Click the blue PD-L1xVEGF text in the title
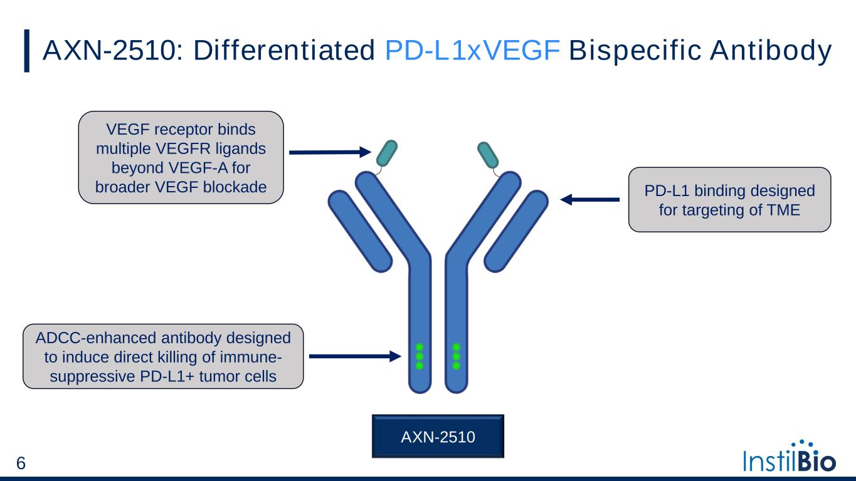pos(471,51)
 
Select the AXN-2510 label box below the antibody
pos(438,435)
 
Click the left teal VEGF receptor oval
pos(386,152)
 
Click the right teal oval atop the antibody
pos(489,155)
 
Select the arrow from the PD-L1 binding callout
pos(589,200)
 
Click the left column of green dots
pos(420,356)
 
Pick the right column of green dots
pos(457,356)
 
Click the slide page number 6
pos(21,464)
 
